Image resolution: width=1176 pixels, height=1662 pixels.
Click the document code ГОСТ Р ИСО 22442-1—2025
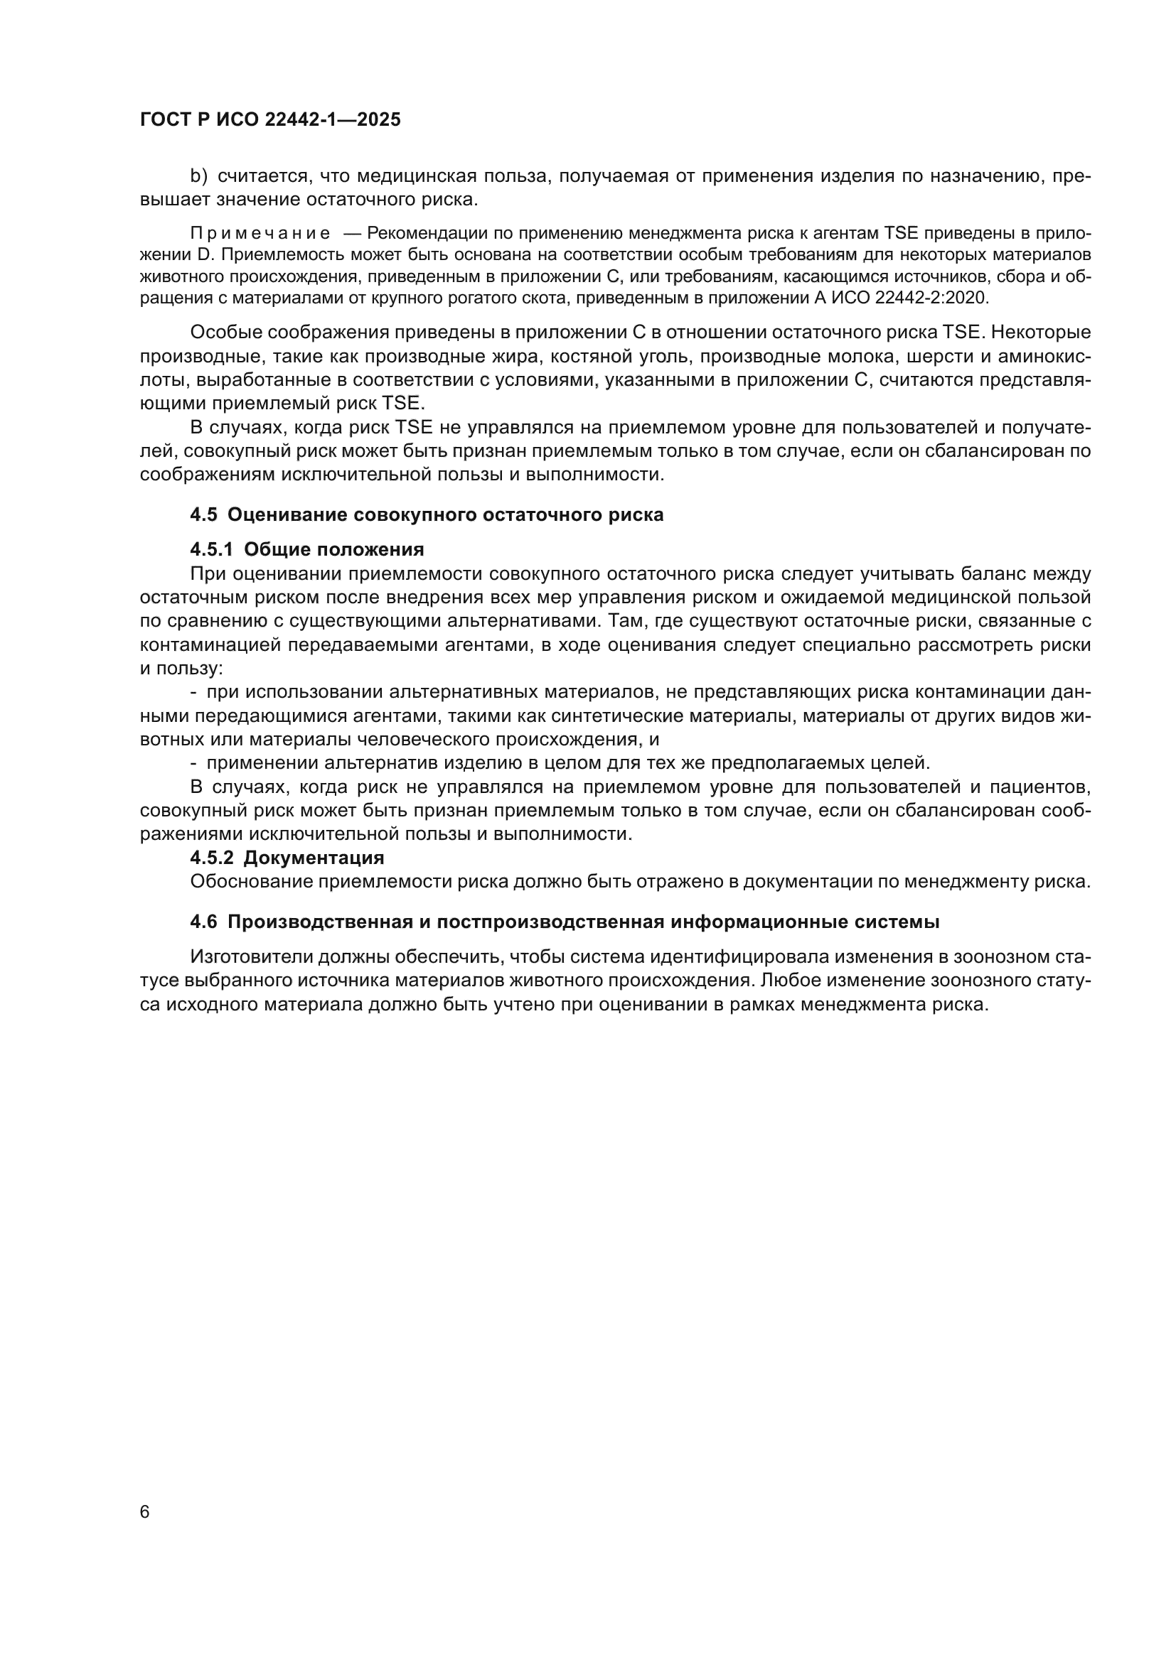(270, 120)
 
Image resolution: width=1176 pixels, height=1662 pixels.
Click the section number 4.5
(203, 515)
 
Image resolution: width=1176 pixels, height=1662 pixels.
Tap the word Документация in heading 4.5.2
(314, 858)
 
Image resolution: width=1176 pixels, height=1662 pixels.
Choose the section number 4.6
(203, 922)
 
